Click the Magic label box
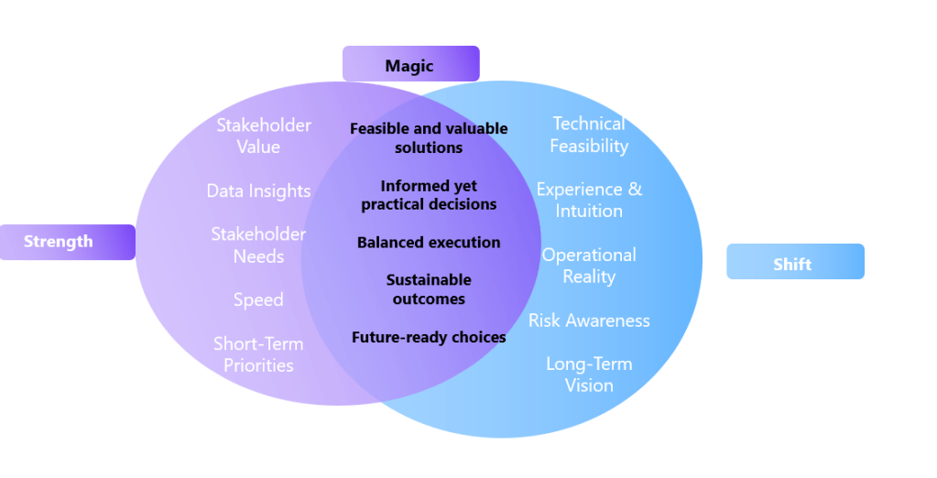(x=410, y=65)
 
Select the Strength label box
(x=67, y=242)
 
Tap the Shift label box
(x=794, y=264)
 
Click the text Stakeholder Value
(x=264, y=136)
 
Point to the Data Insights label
(x=258, y=190)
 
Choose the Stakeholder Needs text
(x=258, y=244)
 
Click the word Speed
(x=258, y=299)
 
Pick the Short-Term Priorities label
(x=258, y=354)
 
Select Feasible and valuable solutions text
(x=429, y=137)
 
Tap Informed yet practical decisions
(x=429, y=195)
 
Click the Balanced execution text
(x=429, y=243)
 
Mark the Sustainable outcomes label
(x=429, y=289)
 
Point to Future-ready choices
(x=429, y=338)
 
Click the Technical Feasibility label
(x=589, y=135)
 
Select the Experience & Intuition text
(x=589, y=200)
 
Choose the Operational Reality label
(x=589, y=266)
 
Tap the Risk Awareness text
(x=589, y=320)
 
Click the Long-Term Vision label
(x=589, y=375)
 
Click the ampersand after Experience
(x=634, y=190)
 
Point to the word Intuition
(x=589, y=211)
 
